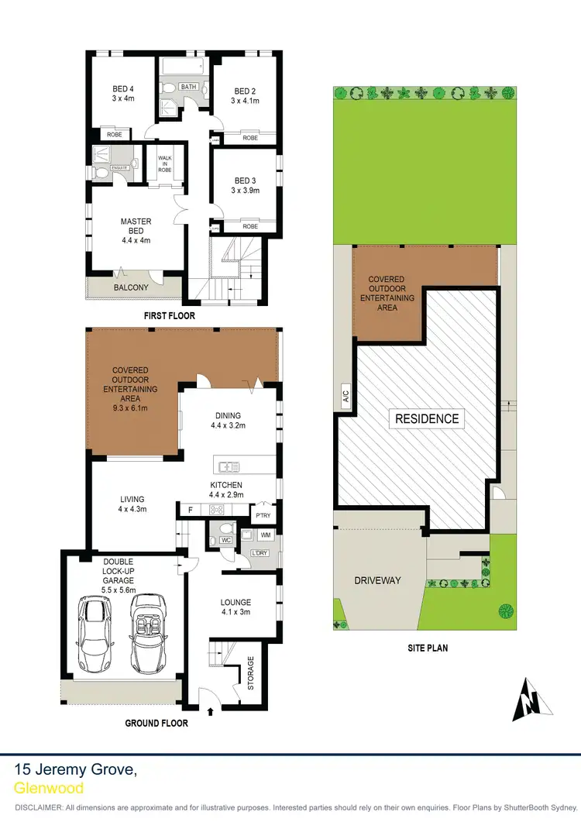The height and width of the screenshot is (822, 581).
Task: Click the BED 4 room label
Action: pos(123,94)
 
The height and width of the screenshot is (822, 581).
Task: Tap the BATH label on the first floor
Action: pos(188,87)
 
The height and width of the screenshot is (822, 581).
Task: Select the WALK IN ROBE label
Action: pos(164,162)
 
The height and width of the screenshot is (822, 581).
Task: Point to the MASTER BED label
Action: pos(136,230)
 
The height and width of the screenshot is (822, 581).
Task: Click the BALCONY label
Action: pos(131,287)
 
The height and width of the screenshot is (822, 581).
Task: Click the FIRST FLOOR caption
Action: pos(170,316)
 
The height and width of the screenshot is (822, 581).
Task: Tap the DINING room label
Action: pos(229,420)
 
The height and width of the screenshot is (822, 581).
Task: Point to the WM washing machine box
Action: pos(266,535)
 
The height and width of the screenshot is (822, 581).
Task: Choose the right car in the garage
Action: pos(147,632)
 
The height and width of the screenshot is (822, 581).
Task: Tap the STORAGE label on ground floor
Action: pos(250,672)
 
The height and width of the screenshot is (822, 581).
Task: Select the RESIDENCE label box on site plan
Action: pos(428,418)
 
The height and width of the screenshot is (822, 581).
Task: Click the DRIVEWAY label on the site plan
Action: pos(377,580)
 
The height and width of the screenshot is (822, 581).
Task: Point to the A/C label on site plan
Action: pos(345,398)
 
